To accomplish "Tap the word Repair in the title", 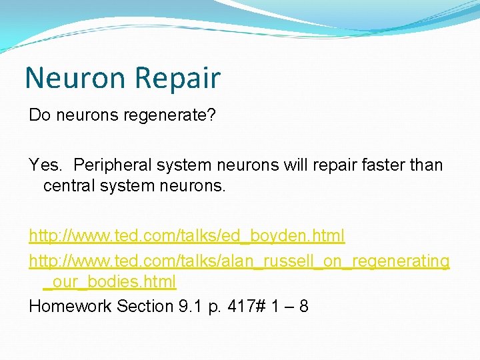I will pyautogui.click(x=177, y=78).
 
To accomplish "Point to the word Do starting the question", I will pyautogui.click(x=39, y=115).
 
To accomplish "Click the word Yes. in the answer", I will pyautogui.click(x=46, y=164).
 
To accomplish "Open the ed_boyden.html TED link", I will pyautogui.click(x=187, y=236).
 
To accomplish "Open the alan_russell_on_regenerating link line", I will pyautogui.click(x=239, y=261).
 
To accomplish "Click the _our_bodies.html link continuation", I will pyautogui.click(x=110, y=281).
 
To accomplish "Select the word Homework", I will pyautogui.click(x=70, y=306).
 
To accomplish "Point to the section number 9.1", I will pyautogui.click(x=189, y=306).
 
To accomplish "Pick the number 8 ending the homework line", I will pyautogui.click(x=303, y=306).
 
